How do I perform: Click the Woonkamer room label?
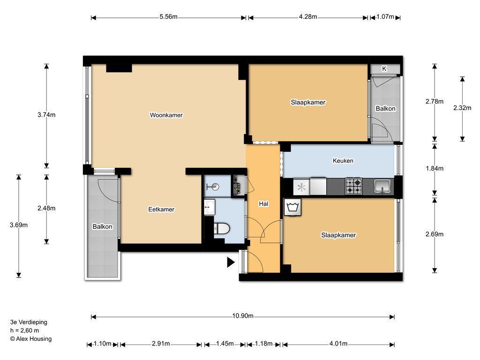[x=166, y=115]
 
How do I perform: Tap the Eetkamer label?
[x=161, y=210]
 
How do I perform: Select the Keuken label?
[x=343, y=161]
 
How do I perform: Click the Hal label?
[x=263, y=203]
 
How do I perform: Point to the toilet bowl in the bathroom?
[x=222, y=228]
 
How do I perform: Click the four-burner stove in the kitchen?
[x=354, y=186]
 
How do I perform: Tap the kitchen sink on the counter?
[x=382, y=187]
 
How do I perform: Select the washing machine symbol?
[x=292, y=207]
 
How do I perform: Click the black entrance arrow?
[x=231, y=262]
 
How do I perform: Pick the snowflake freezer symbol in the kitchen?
[x=301, y=187]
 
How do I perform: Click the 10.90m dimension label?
[x=243, y=316]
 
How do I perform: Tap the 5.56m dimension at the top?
[x=168, y=16]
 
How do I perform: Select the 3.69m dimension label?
[x=19, y=225]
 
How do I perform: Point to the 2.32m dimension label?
[x=462, y=108]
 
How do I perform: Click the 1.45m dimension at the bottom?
[x=225, y=344]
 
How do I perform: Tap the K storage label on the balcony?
[x=384, y=69]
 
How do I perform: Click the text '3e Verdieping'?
[x=29, y=322]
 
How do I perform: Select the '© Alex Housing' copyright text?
[x=30, y=338]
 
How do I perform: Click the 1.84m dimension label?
[x=435, y=168]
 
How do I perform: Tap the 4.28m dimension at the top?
[x=308, y=16]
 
